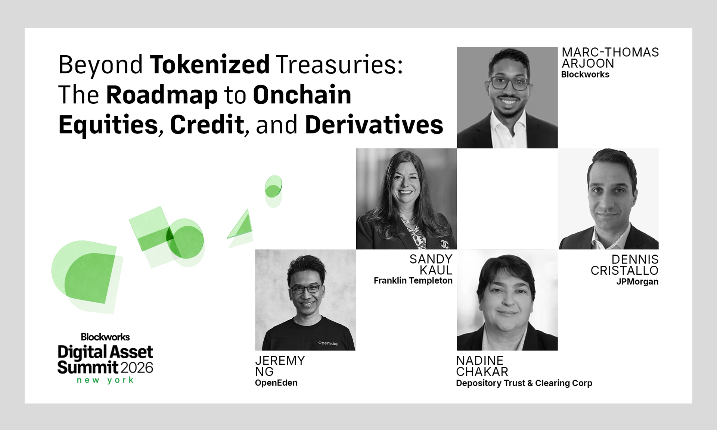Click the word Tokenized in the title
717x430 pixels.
[209, 65]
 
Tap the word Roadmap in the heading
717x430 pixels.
[162, 95]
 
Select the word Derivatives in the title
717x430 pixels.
[374, 125]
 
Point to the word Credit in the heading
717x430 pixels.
[207, 125]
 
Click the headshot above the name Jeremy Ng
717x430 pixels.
[305, 300]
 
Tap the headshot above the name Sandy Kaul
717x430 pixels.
[406, 199]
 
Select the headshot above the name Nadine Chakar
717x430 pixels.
[507, 300]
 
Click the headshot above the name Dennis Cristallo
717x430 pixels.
[608, 199]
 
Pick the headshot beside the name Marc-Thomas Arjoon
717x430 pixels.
[507, 97]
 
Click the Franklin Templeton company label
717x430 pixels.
[413, 281]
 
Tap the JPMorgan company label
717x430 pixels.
[637, 282]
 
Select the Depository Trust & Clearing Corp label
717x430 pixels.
[524, 383]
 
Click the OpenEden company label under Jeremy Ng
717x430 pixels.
[276, 383]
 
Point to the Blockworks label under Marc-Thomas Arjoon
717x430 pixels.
[585, 75]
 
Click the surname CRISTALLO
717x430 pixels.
[624, 271]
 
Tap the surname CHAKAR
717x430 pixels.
[482, 372]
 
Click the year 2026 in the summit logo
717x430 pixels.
[137, 368]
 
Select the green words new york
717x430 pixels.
[105, 380]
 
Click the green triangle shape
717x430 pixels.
[241, 226]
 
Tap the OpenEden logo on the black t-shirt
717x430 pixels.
[328, 343]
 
